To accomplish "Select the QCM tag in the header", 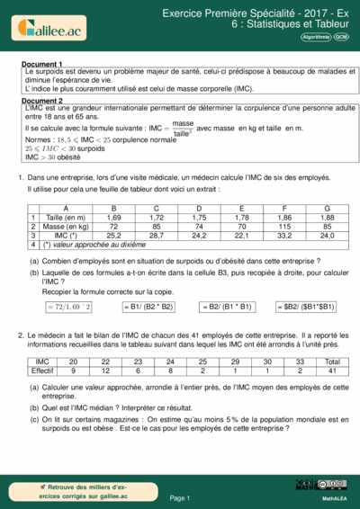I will point(341,36).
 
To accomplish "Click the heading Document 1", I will point(42,65).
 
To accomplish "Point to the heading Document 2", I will point(42,101).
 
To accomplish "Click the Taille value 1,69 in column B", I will point(114,217).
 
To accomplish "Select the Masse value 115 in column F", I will point(284,227).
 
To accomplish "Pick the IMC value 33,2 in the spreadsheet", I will point(284,236).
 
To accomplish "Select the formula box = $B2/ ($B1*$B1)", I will point(304,307).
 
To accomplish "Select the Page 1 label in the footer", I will point(180,497).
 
